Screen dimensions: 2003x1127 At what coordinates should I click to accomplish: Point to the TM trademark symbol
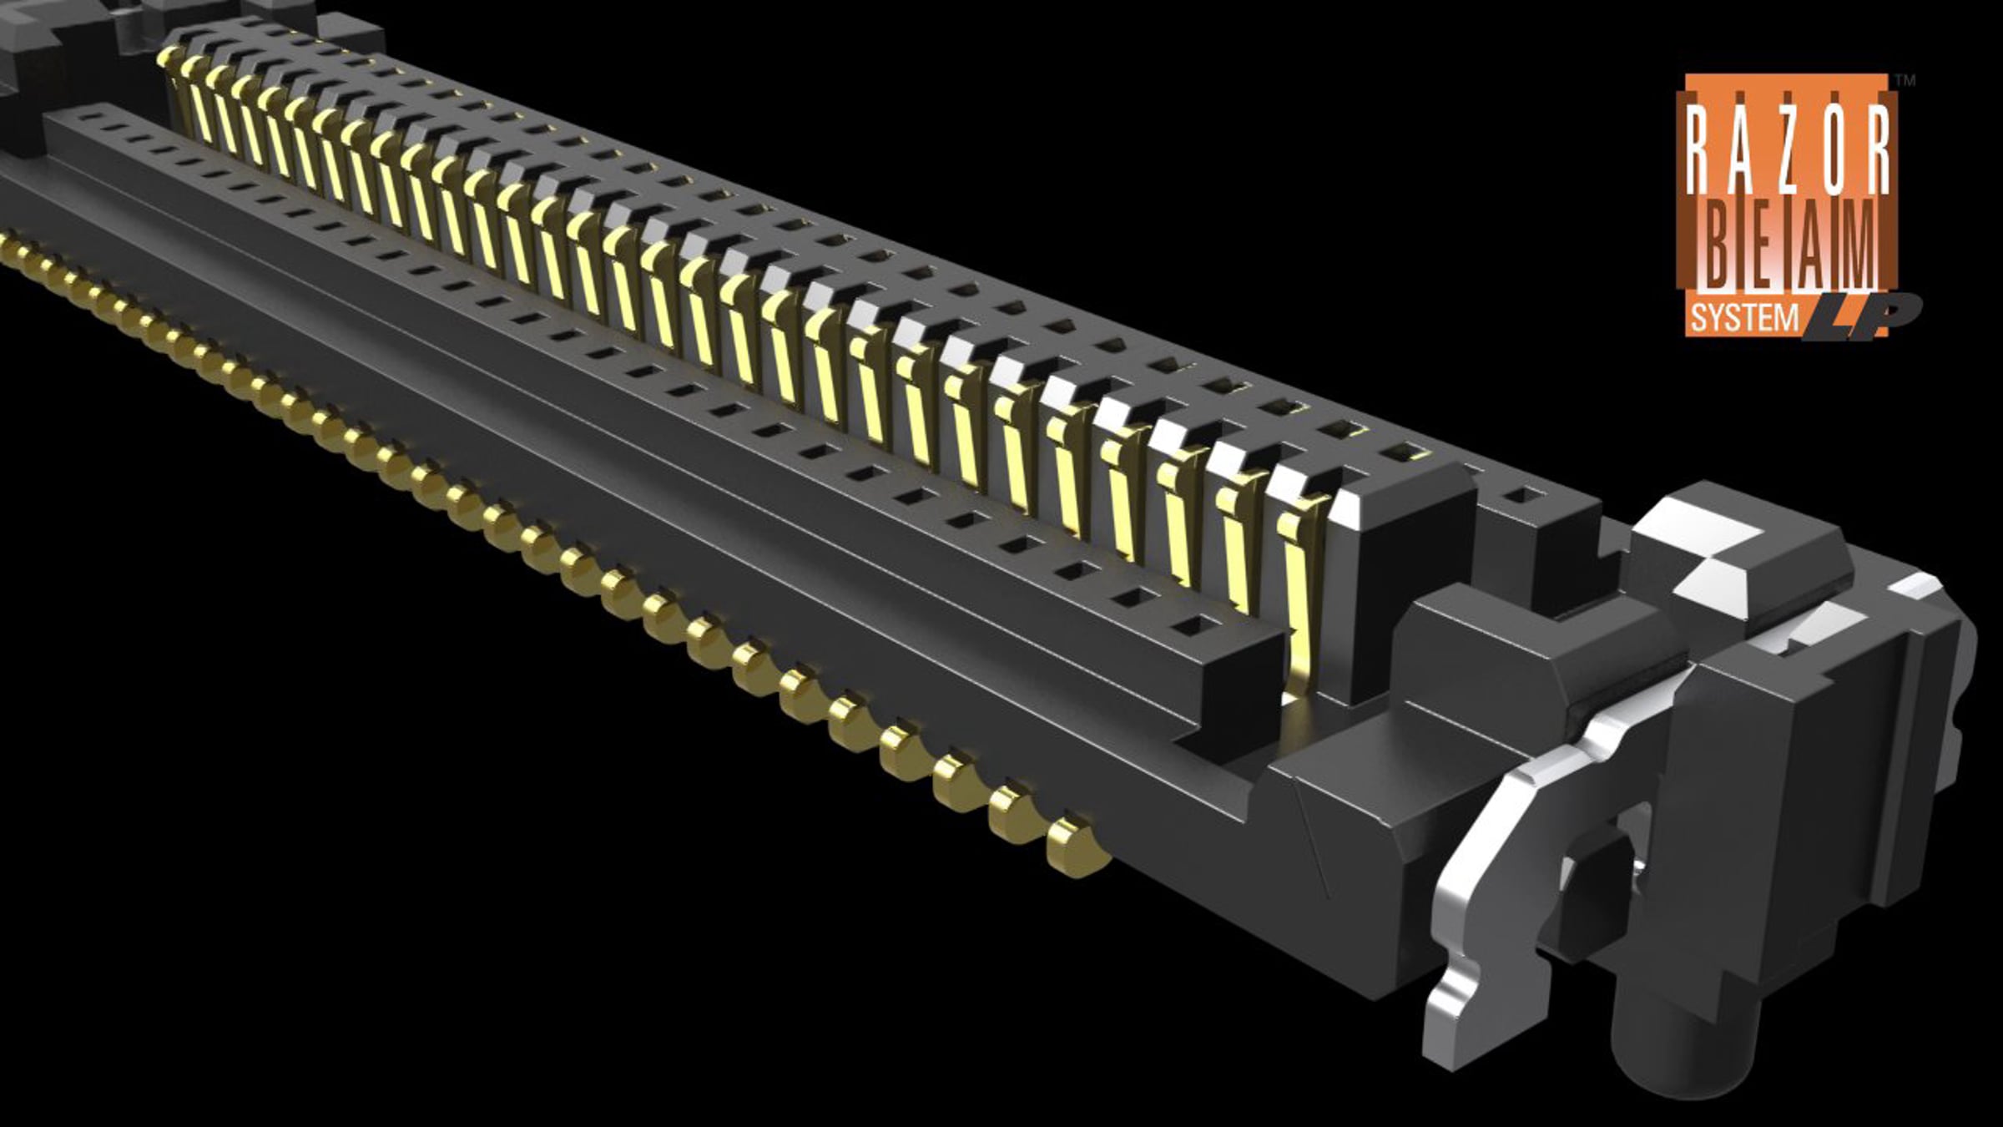[x=1906, y=81]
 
